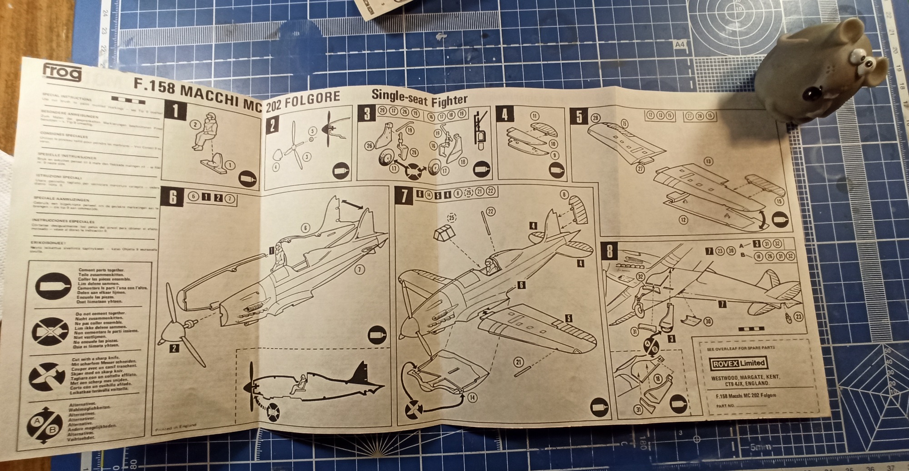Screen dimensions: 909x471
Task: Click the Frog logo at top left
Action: pyautogui.click(x=62, y=73)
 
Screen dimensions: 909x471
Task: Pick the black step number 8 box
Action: pyautogui.click(x=609, y=251)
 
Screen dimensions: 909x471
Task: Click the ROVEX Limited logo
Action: pyautogui.click(x=739, y=363)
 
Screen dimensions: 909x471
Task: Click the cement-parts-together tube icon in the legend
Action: pyautogui.click(x=54, y=286)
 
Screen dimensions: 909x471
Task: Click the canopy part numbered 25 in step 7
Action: pyautogui.click(x=443, y=234)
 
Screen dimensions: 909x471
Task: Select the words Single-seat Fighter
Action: pyautogui.click(x=419, y=98)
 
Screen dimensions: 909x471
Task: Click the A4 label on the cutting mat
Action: pyautogui.click(x=679, y=45)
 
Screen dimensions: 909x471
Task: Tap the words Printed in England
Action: pyautogui.click(x=175, y=427)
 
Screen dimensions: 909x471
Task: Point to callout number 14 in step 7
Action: pyautogui.click(x=472, y=398)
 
